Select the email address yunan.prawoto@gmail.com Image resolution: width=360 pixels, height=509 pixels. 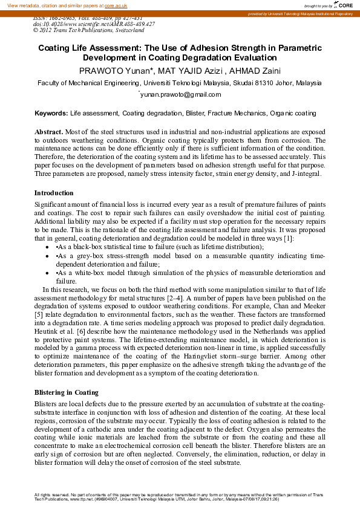click(x=180, y=94)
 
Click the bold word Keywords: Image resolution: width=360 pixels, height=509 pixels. click(x=51, y=113)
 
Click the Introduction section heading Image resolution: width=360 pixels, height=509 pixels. click(x=54, y=193)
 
